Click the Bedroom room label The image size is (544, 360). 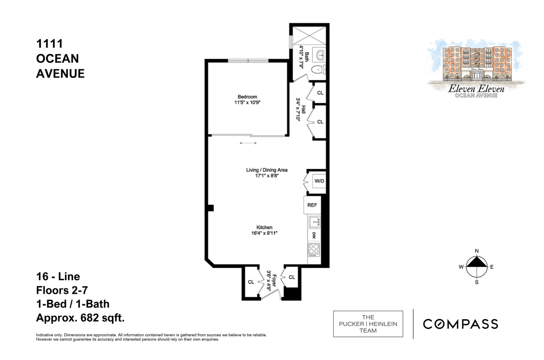click(x=247, y=97)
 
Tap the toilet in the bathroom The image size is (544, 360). click(x=319, y=70)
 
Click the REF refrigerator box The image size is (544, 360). click(x=312, y=205)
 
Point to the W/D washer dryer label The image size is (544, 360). click(x=319, y=181)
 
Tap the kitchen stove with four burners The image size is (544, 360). click(x=314, y=250)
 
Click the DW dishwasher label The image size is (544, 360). click(x=314, y=235)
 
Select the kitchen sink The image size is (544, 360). click(x=315, y=222)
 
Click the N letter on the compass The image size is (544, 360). click(x=477, y=251)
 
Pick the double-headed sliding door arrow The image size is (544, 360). click(x=248, y=143)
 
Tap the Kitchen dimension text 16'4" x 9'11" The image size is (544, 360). click(x=264, y=233)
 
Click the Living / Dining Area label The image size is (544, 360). click(x=267, y=170)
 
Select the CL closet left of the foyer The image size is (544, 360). click(x=251, y=282)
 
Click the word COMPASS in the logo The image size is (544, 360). click(x=461, y=324)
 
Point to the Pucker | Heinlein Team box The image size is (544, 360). click(x=368, y=324)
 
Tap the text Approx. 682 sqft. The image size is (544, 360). click(x=80, y=318)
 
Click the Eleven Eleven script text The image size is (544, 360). click(x=476, y=89)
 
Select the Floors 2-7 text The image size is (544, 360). click(x=62, y=290)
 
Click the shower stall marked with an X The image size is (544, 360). click(x=309, y=36)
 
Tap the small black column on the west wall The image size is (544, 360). click(x=210, y=208)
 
